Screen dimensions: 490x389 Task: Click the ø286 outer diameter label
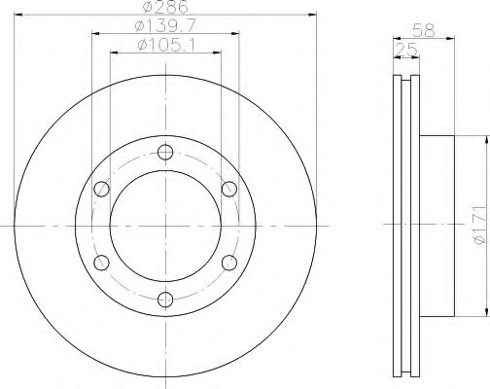click(x=165, y=7)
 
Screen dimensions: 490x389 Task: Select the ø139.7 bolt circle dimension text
click(x=165, y=26)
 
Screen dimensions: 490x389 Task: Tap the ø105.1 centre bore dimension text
click(x=166, y=45)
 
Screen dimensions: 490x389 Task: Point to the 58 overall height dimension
click(x=424, y=31)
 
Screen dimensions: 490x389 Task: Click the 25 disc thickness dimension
click(x=406, y=50)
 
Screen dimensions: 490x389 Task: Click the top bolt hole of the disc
click(x=165, y=152)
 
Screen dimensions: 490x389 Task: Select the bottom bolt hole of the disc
click(x=165, y=300)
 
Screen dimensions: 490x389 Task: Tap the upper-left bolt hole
click(x=101, y=189)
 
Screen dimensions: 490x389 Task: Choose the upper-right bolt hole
click(x=229, y=189)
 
